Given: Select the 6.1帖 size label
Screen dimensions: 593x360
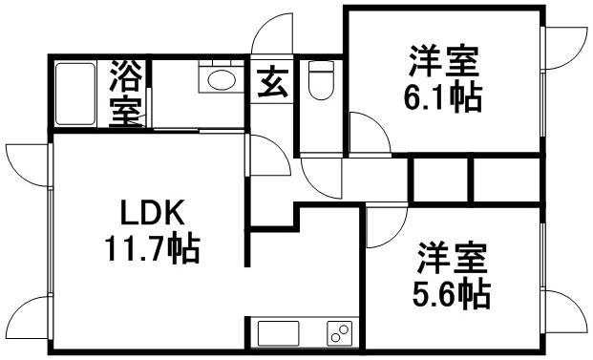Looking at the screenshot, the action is [442, 95].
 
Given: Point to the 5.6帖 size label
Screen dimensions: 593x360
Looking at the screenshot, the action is [454, 293].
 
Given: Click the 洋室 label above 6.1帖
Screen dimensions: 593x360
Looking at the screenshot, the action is [442, 61].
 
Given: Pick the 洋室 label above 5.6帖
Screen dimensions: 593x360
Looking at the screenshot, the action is [452, 258].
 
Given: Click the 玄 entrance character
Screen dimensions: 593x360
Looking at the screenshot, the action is [272, 85].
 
